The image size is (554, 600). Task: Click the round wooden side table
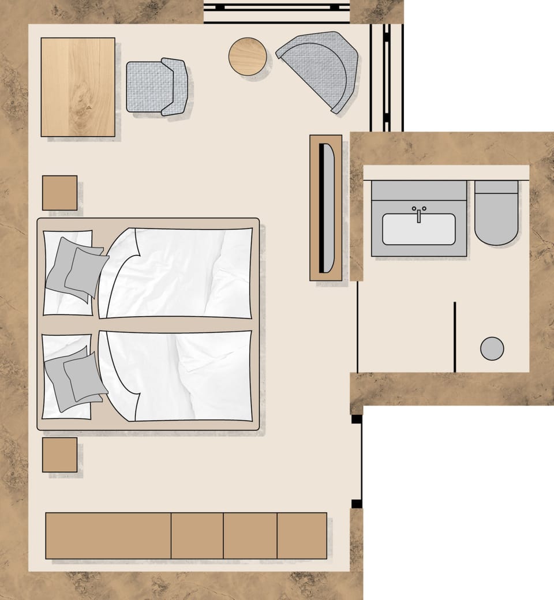coord(248,57)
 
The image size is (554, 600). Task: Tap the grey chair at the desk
coord(156,87)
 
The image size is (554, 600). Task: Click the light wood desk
coord(78,87)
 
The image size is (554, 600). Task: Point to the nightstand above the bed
coord(59,193)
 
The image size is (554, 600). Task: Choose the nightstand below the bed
coord(59,455)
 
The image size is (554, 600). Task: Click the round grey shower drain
coord(492,348)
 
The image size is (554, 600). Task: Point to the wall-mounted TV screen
coord(327,208)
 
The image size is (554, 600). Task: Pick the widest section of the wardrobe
coord(108,535)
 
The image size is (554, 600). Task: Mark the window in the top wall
coord(278,12)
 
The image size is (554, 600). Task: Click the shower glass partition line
coord(455,337)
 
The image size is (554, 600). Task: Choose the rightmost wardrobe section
coord(302,535)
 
